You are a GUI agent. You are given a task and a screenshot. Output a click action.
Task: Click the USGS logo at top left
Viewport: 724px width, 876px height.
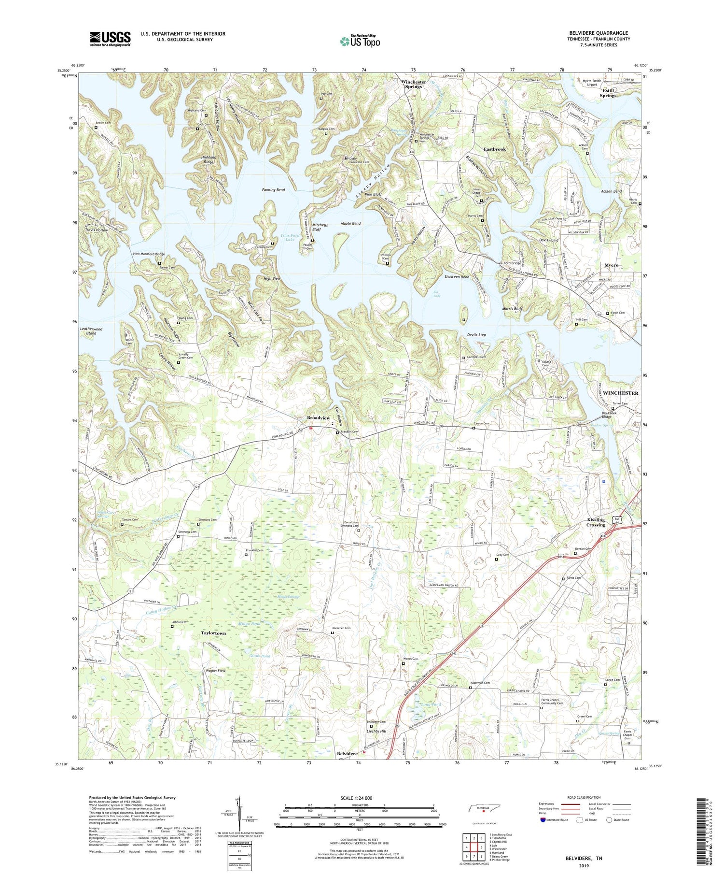click(110, 39)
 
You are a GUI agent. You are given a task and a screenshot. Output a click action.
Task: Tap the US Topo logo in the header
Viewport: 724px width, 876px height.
click(360, 41)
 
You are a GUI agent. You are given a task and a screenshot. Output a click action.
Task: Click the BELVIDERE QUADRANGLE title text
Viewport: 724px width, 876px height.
click(599, 33)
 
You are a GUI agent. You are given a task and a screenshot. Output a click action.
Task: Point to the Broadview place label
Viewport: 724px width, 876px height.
click(319, 417)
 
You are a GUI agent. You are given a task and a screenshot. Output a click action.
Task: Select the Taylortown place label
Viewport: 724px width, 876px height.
click(213, 633)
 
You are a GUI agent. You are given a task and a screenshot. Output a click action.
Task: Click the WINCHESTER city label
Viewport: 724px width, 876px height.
click(620, 393)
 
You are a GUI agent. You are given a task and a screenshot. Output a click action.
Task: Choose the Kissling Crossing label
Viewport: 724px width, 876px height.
click(596, 522)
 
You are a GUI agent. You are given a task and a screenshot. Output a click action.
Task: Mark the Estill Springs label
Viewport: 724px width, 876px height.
click(608, 93)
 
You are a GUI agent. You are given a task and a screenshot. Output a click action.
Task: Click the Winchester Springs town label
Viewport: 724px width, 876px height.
click(414, 84)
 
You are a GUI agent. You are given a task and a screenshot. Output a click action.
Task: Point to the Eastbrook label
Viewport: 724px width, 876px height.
click(495, 149)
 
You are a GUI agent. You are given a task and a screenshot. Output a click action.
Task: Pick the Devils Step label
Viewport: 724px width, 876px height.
click(476, 335)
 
